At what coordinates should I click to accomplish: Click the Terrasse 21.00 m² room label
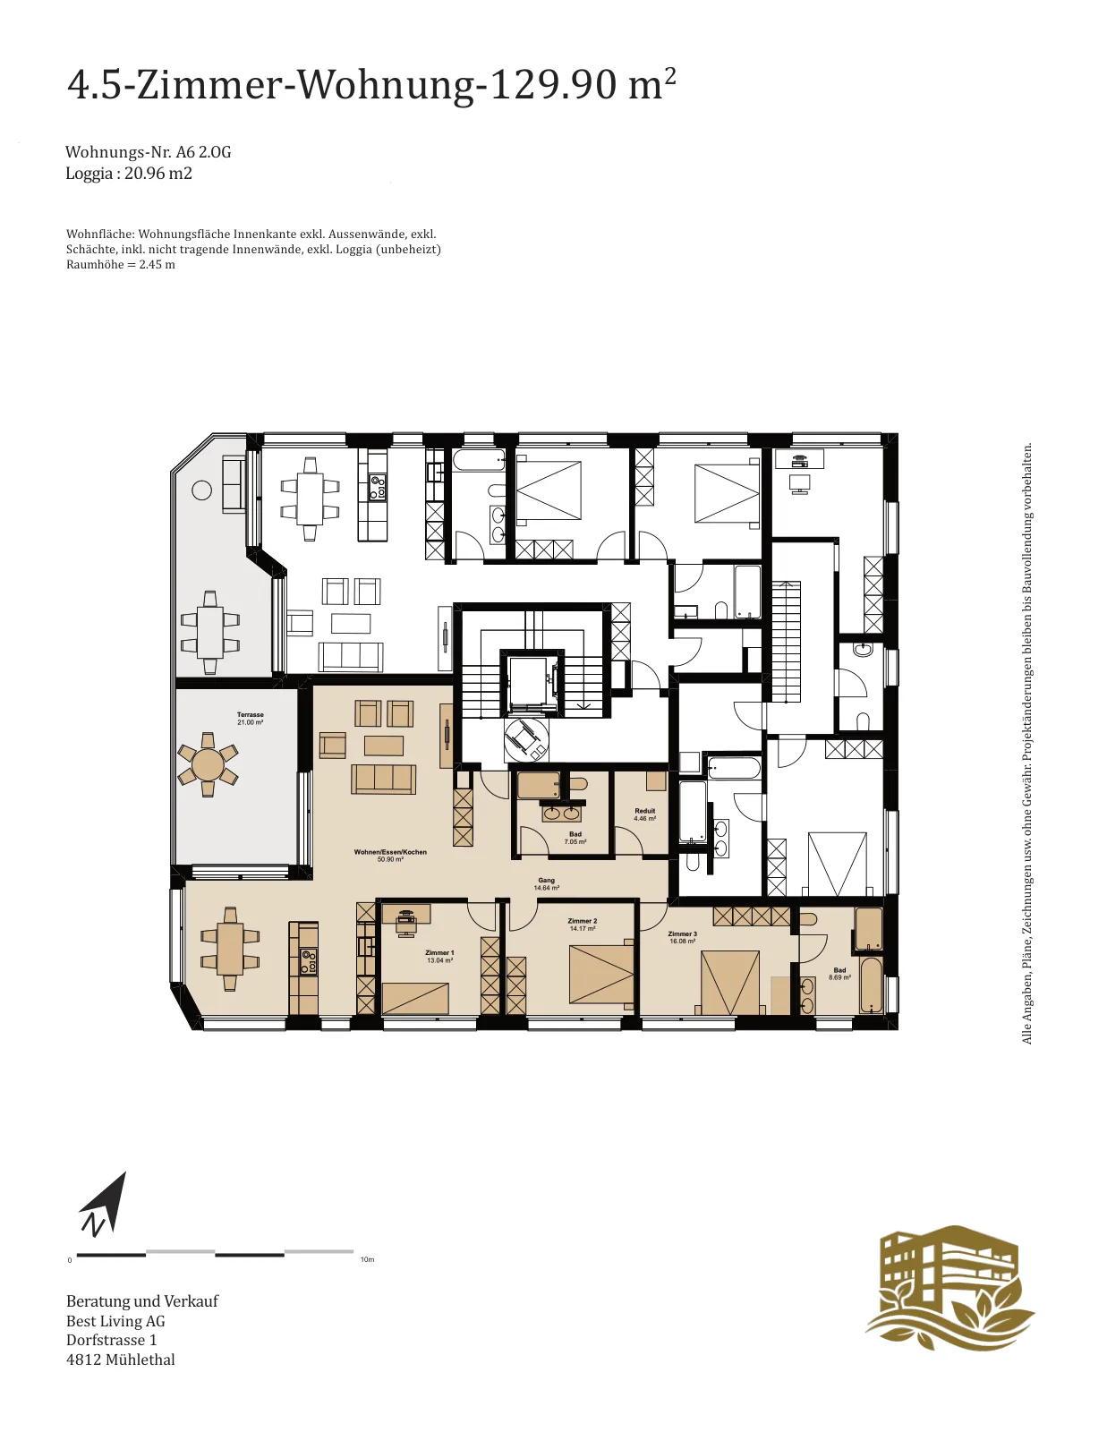coord(251,719)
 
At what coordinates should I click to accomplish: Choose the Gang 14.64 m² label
coord(546,883)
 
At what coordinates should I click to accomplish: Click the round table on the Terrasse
coord(208,764)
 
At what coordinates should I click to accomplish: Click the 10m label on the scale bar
coord(367,1259)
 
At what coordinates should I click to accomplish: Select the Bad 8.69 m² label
coord(839,974)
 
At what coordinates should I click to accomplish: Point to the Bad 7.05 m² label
coord(575,838)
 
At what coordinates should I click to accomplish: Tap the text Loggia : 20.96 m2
coord(129,174)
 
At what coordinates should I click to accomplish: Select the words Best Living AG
coord(116,1321)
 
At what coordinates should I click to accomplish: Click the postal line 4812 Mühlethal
coord(121,1360)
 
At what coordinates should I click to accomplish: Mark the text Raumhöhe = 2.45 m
coord(121,265)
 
